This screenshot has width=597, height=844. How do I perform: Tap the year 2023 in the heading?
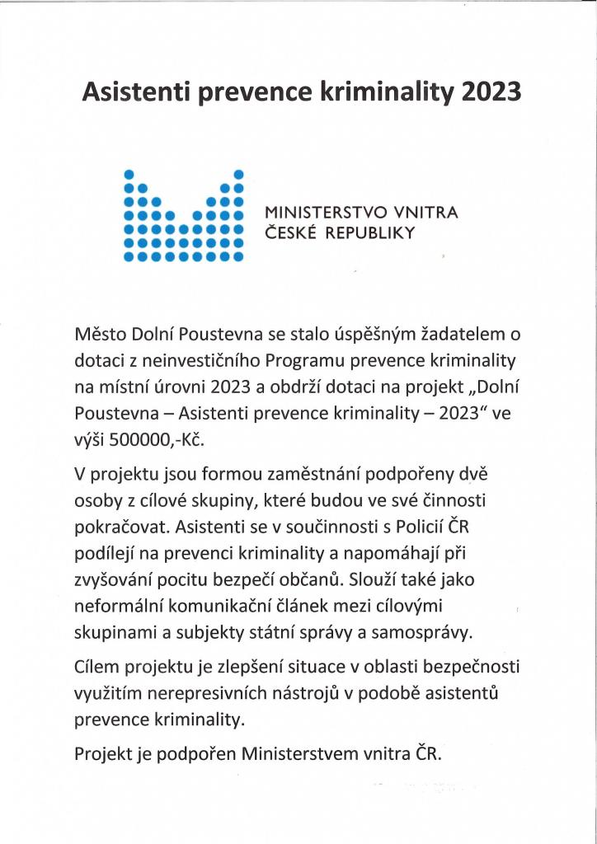coord(490,91)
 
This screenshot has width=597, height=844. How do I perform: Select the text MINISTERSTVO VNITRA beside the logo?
coord(360,213)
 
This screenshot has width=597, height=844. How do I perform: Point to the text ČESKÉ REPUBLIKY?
coord(338,233)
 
